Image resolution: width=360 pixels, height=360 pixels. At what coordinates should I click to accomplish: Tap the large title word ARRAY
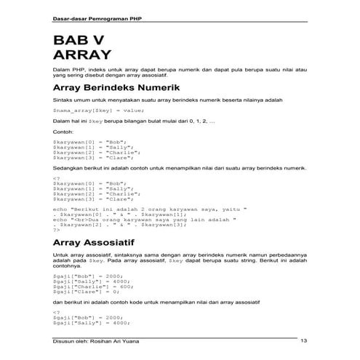(83, 55)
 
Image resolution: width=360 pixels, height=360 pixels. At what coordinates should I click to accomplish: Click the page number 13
(303, 341)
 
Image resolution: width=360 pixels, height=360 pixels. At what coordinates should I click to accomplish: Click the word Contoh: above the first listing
(63, 132)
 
